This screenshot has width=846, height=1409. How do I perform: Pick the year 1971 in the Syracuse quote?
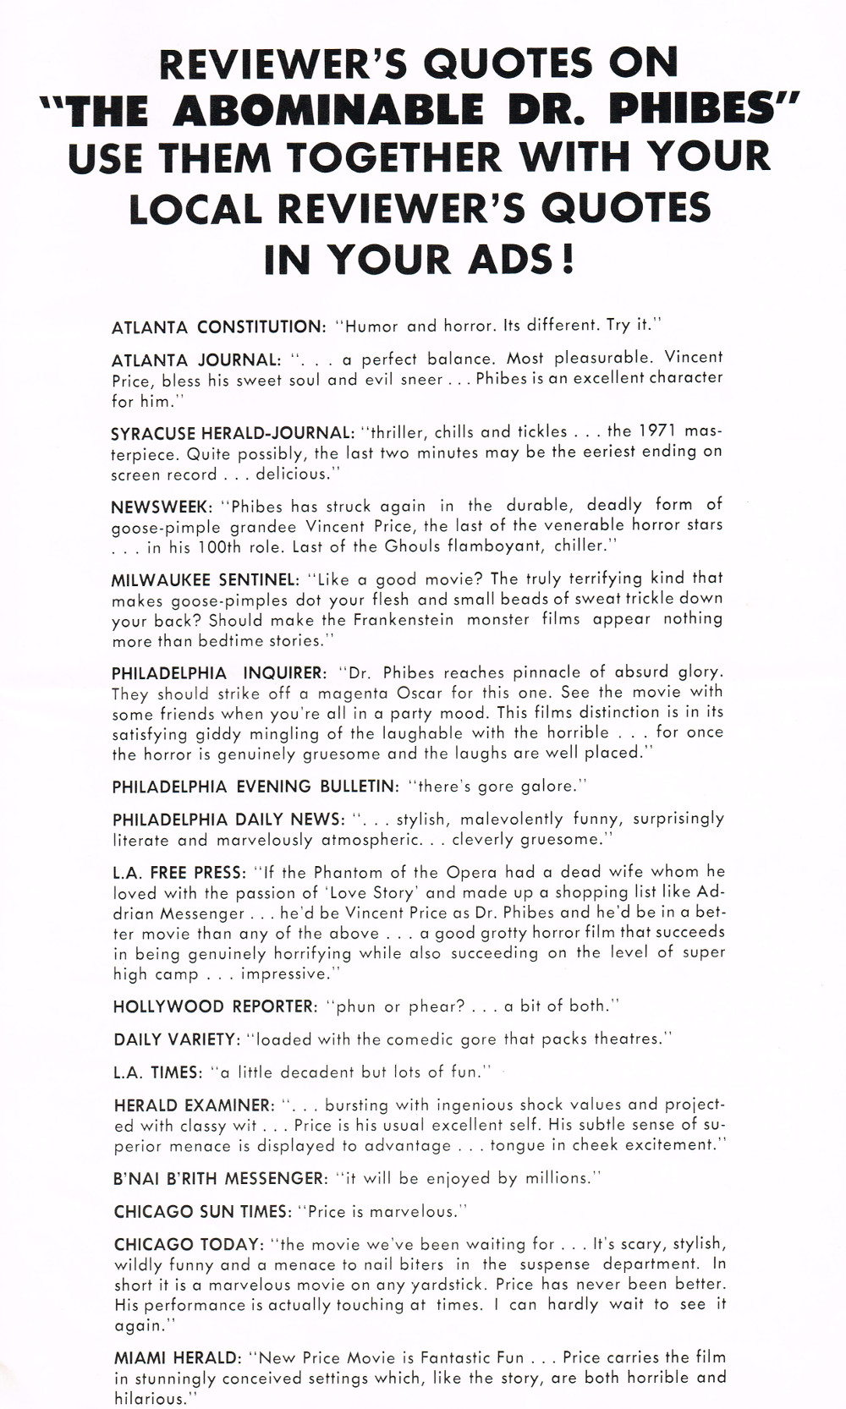coord(657,431)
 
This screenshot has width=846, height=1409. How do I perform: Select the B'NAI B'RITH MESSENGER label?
coord(220,1179)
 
